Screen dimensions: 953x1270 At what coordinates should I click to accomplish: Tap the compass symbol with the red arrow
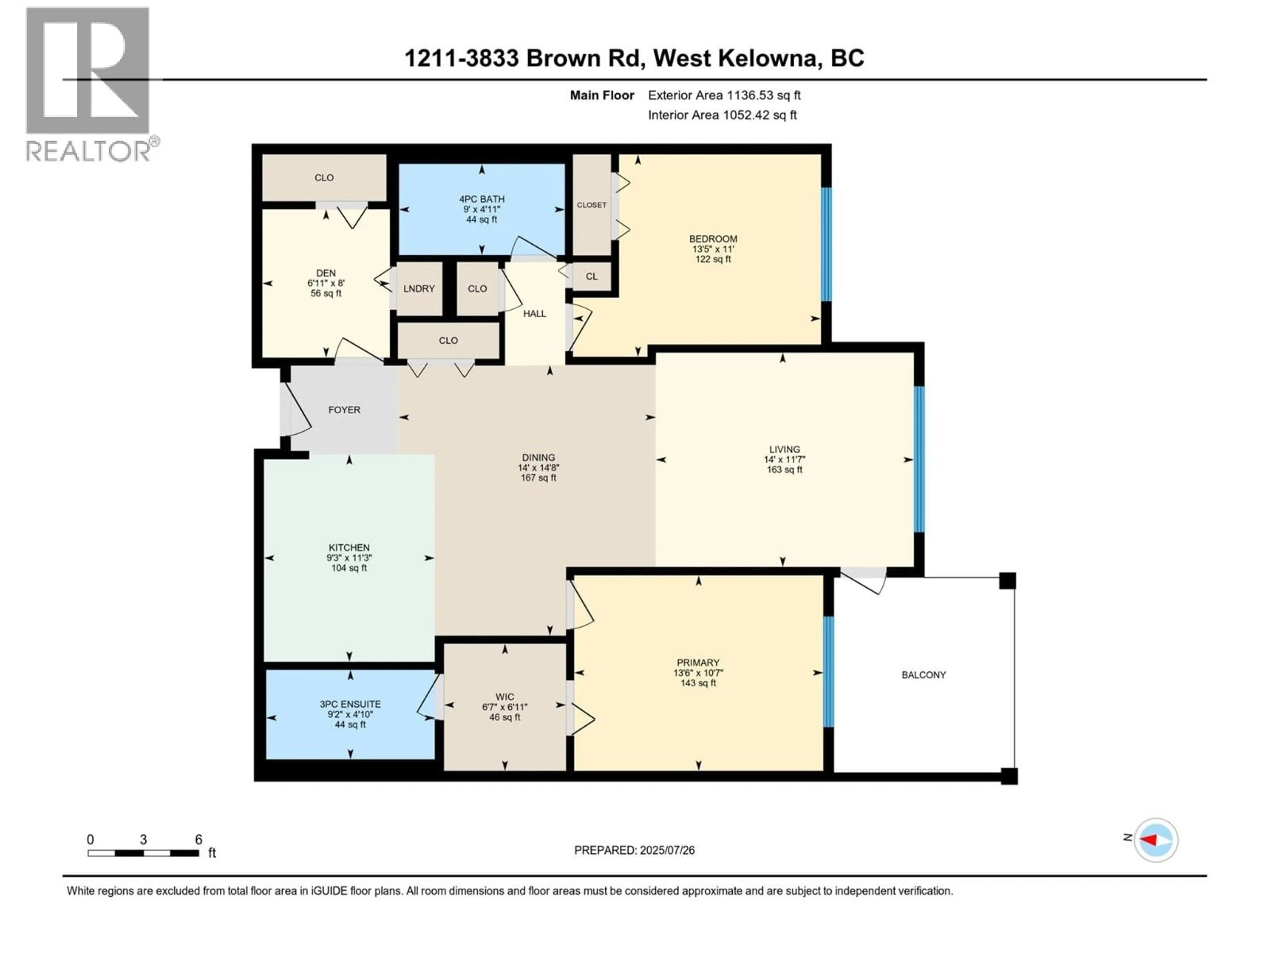(x=1156, y=840)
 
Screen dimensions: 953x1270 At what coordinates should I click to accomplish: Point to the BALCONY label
(x=923, y=675)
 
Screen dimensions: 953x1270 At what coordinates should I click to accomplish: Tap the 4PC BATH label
(x=481, y=199)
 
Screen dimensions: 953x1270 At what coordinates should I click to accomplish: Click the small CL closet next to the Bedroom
(x=591, y=276)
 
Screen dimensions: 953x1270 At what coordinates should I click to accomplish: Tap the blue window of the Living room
(x=919, y=460)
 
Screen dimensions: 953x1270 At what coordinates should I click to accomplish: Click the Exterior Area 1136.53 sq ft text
(x=724, y=95)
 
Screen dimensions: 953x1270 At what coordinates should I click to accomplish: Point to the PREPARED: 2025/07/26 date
(x=634, y=850)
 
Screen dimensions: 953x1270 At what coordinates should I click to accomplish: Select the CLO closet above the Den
(x=324, y=177)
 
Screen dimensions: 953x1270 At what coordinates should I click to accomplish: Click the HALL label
(x=534, y=314)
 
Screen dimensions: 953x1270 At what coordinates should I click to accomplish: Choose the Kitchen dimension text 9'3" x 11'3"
(x=349, y=558)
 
